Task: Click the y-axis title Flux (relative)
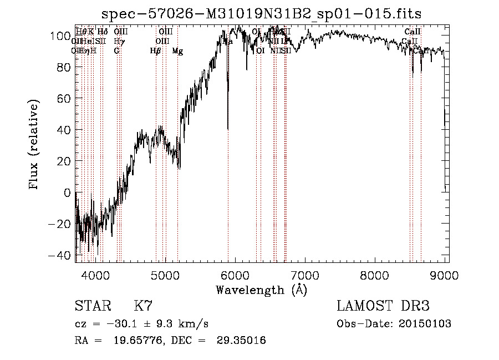pos(35,145)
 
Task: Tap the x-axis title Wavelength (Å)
pos(261,290)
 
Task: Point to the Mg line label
pos(177,51)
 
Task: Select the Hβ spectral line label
pos(156,51)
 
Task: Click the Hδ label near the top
pos(103,32)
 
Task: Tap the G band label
pos(116,51)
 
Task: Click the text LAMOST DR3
pos(383,306)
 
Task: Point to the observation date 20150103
pos(425,324)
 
